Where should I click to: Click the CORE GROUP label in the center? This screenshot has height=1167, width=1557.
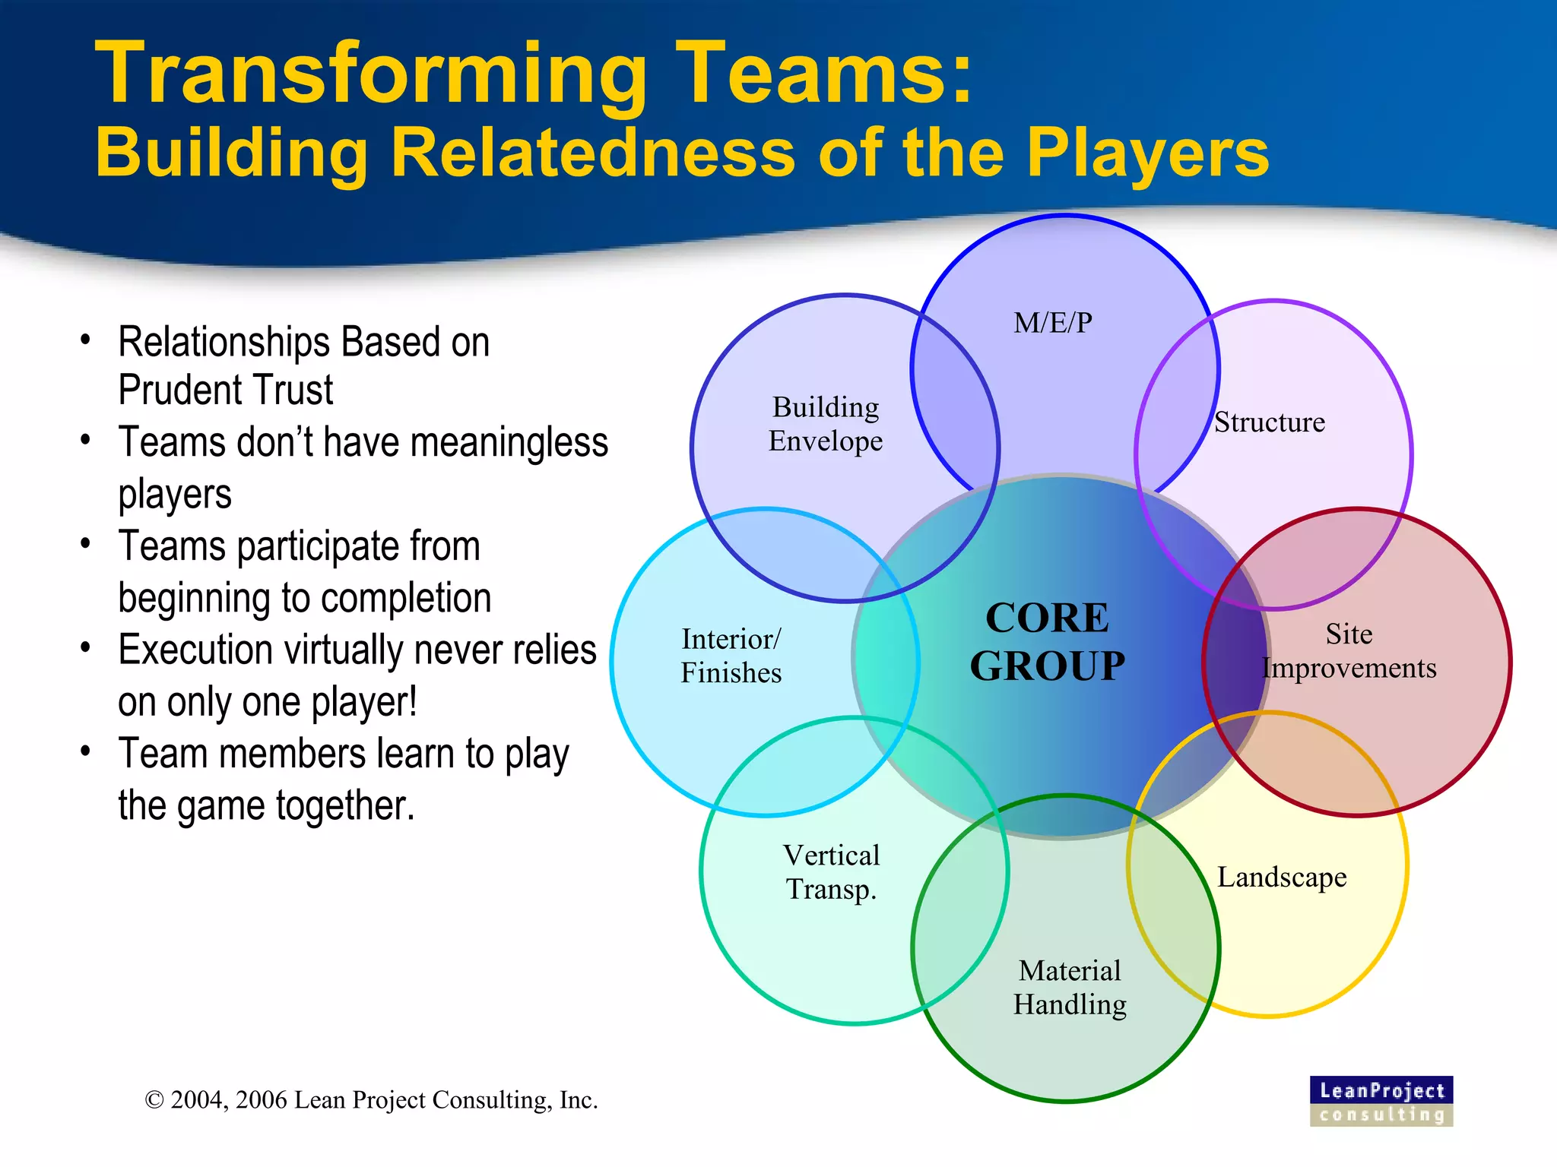1047,642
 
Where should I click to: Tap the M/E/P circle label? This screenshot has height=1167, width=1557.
1052,323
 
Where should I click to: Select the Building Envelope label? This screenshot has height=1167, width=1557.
826,424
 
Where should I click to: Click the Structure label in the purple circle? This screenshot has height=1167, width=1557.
1269,422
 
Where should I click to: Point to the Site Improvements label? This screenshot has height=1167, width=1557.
1349,651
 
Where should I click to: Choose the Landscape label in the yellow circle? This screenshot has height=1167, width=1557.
1282,878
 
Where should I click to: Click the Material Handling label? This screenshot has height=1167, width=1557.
1070,988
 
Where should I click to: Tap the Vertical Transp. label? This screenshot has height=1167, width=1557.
831,872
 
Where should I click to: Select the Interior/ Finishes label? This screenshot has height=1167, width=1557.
731,656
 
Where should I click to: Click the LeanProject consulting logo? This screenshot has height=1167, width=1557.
1381,1101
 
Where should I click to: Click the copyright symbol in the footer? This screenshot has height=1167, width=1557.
154,1100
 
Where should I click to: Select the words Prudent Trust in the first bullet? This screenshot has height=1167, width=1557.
226,390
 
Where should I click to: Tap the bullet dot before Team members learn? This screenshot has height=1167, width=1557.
86,751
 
